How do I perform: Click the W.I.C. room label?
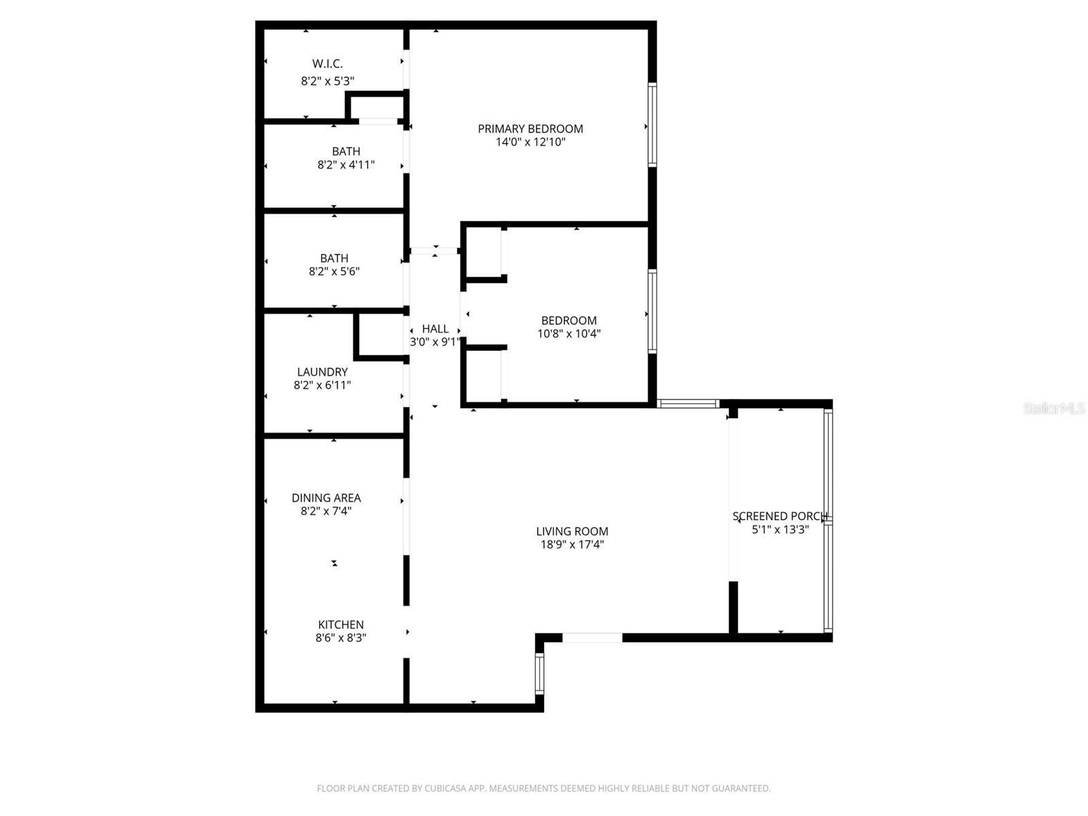[x=327, y=64]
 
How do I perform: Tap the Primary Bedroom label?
[x=530, y=129]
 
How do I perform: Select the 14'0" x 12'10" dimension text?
[x=530, y=142]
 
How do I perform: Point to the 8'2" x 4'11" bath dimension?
[x=346, y=165]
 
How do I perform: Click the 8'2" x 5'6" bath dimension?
[x=334, y=271]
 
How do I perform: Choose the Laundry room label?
[x=322, y=372]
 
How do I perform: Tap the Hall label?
[x=435, y=329]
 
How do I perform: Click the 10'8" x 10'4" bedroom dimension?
[x=569, y=334]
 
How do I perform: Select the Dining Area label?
[x=326, y=498]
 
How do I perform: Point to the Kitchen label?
[x=341, y=624]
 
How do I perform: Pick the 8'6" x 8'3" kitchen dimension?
[x=341, y=638]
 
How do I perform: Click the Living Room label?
[x=572, y=531]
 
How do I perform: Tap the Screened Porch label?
[x=780, y=516]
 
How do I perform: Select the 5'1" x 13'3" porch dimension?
[x=780, y=530]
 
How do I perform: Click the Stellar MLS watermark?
[x=1054, y=409]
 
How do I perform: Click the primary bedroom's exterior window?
[x=652, y=124]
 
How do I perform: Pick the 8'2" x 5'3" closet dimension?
[x=327, y=81]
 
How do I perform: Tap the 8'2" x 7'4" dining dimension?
[x=326, y=511]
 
